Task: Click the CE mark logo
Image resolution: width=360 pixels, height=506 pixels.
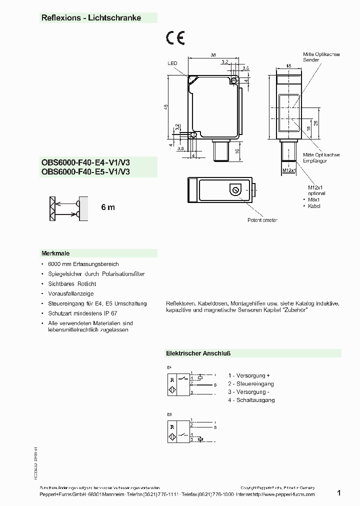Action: [175, 38]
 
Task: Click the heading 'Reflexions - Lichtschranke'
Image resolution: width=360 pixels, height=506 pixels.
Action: [91, 18]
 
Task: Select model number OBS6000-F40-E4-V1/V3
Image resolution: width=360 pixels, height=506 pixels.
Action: [85, 162]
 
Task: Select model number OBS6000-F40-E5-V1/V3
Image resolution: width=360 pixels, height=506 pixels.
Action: [85, 171]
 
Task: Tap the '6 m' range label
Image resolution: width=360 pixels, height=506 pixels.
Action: [108, 207]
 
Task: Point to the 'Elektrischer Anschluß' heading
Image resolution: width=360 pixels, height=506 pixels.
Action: [198, 353]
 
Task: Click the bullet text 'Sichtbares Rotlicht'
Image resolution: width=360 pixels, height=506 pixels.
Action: [71, 283]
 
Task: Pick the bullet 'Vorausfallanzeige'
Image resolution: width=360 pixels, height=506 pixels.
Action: [71, 293]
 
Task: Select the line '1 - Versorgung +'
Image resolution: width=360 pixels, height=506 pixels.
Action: [249, 375]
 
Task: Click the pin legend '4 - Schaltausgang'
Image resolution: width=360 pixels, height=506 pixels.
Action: [251, 400]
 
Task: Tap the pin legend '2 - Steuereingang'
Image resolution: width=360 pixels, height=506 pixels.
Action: [251, 384]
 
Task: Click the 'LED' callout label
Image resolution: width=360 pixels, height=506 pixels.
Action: [172, 63]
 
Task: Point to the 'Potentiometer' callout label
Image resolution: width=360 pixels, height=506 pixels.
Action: [262, 220]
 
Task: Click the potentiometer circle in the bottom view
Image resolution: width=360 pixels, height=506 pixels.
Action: [235, 190]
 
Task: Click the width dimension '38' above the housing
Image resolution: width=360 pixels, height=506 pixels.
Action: [213, 55]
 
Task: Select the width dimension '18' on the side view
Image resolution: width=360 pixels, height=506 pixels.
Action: [289, 65]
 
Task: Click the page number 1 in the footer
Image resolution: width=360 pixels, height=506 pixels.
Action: [339, 493]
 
